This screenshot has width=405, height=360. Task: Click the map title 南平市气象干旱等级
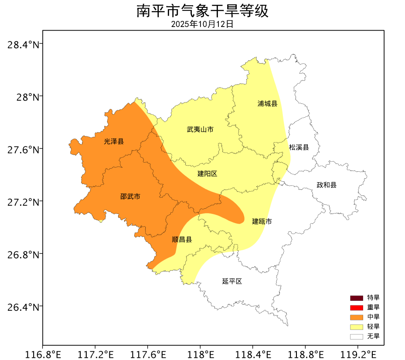point(202,10)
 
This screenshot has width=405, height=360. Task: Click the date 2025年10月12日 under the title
point(202,24)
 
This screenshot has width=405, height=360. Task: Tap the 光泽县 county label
point(114,141)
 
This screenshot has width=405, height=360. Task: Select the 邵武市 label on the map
point(130,197)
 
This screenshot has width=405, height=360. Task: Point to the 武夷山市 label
point(200,129)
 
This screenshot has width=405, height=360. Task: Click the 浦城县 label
point(267,104)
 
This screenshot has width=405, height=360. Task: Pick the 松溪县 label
point(299,147)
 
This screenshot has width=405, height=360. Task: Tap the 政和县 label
point(327,185)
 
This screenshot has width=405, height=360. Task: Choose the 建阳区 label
point(207,173)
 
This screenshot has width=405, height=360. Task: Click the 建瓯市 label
point(262,221)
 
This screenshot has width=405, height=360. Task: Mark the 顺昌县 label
point(182,240)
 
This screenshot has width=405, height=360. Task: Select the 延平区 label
point(232,281)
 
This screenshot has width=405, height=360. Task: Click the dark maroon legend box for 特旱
point(356,298)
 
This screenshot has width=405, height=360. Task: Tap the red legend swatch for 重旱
point(356,308)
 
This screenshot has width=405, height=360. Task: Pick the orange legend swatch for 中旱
point(356,317)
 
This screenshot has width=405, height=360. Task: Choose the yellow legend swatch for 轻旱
point(356,327)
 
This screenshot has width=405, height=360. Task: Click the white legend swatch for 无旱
point(356,336)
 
